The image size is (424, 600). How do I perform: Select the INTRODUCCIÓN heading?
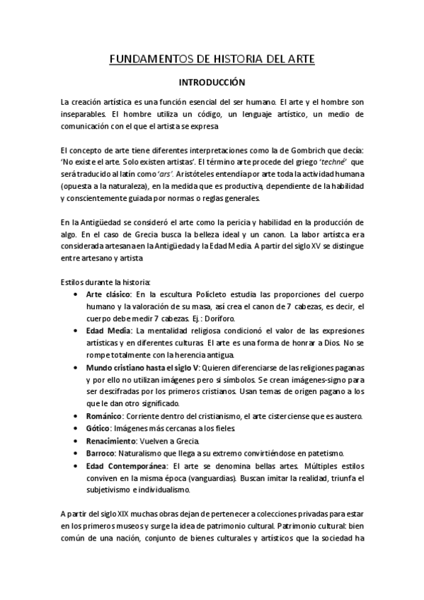tap(211, 82)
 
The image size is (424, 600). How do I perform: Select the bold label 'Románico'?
tap(104, 416)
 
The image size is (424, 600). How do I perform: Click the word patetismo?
tap(322, 453)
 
